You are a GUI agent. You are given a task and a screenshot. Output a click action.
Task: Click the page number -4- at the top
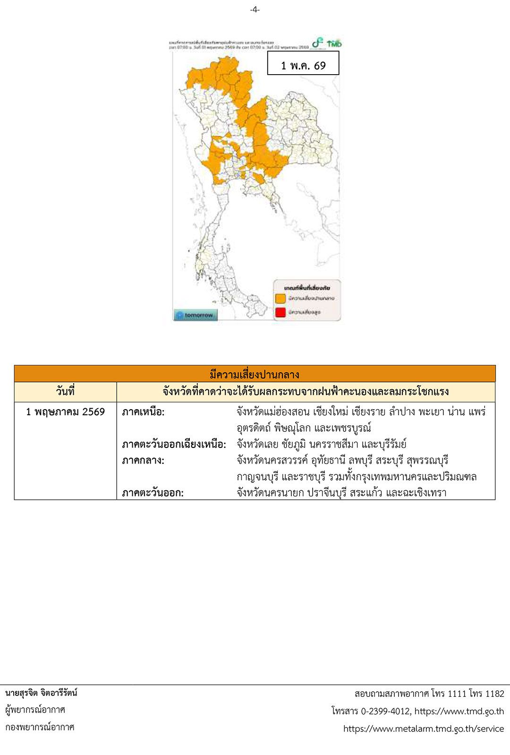(255, 9)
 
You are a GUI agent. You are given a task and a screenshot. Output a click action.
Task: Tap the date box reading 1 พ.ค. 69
(303, 65)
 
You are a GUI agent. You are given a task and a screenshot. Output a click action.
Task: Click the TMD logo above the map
(334, 43)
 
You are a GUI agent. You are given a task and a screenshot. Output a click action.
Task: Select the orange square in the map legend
(280, 298)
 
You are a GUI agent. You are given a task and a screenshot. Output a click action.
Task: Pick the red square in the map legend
(280, 312)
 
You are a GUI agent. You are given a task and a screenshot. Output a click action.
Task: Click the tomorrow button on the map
(195, 315)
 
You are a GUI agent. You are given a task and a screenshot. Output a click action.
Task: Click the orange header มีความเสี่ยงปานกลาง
(255, 374)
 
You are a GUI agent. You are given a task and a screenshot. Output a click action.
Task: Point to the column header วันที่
(65, 392)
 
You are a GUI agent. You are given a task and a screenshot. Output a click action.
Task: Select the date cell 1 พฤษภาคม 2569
(65, 412)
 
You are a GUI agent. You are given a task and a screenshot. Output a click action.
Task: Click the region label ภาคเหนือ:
(143, 412)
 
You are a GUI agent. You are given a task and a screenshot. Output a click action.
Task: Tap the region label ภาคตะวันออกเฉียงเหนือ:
(174, 445)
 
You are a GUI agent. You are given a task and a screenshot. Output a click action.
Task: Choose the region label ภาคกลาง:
(143, 461)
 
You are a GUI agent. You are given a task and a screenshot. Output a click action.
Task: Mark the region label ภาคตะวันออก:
(153, 493)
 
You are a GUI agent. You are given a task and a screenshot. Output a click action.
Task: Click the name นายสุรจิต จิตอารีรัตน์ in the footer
(42, 693)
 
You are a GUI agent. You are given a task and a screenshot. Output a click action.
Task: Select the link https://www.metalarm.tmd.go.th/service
(424, 729)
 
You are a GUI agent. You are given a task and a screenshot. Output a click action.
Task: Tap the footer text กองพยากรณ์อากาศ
(40, 727)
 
